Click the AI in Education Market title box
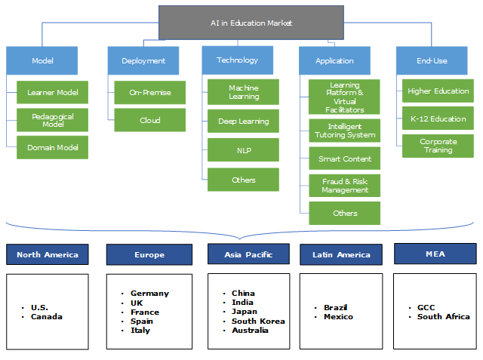[x=251, y=23]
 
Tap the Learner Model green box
[x=53, y=93]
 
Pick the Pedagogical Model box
[x=53, y=120]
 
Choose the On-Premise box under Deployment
[x=150, y=93]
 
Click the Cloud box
[x=150, y=120]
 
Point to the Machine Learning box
[x=244, y=92]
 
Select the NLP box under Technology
[x=244, y=151]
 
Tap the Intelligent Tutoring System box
[x=345, y=131]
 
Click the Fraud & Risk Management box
[x=345, y=186]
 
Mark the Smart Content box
[x=345, y=158]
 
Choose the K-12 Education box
[x=438, y=118]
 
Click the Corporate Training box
[x=438, y=146]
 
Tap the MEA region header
[x=435, y=254]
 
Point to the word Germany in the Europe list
[x=149, y=294]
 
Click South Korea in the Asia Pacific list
[x=259, y=321]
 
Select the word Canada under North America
[x=47, y=316]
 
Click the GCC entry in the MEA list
[x=426, y=308]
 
